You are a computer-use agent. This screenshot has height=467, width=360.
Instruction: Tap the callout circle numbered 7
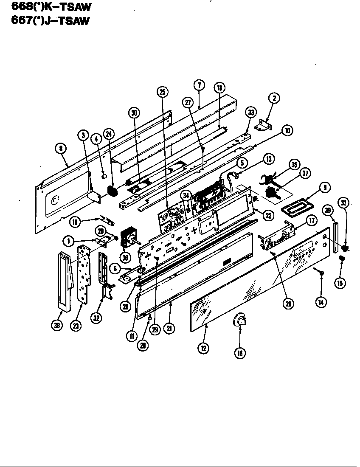200,84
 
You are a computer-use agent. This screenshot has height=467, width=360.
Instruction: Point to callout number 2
274,98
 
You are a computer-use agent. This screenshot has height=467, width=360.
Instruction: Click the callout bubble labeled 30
134,113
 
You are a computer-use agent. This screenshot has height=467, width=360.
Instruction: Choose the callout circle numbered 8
62,148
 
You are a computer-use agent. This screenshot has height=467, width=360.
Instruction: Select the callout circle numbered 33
250,113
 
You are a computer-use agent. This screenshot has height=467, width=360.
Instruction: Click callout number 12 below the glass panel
204,348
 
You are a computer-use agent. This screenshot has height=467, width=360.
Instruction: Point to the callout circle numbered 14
321,302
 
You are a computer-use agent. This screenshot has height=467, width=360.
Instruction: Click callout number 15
340,283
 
